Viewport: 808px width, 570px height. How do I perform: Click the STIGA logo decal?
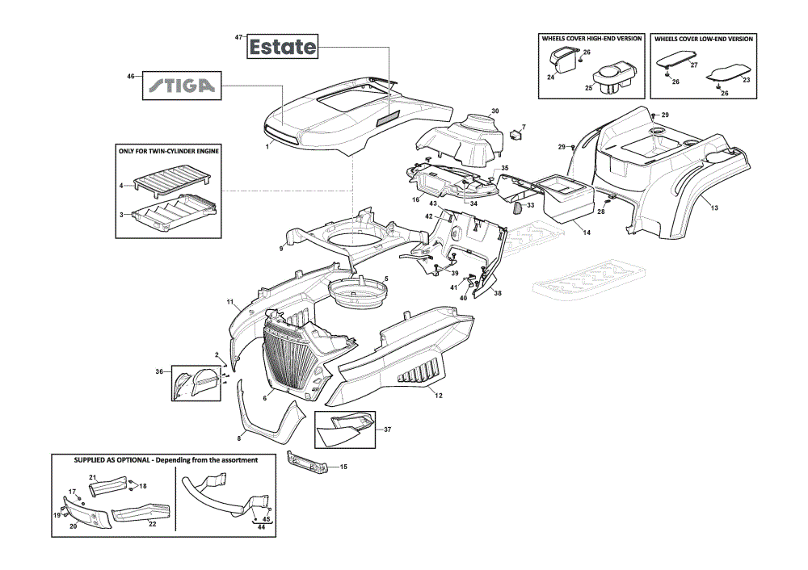point(182,86)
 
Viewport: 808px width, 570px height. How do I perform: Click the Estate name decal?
point(282,47)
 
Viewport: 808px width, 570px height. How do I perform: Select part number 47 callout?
point(238,38)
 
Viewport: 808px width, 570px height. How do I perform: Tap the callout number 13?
point(714,208)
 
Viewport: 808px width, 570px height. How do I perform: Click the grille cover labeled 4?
point(172,180)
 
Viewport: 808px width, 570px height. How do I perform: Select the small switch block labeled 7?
point(516,135)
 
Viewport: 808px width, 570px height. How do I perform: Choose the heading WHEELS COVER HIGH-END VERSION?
point(591,39)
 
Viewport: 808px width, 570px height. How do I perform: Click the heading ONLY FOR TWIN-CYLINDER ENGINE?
point(169,152)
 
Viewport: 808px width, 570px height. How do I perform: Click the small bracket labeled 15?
point(307,461)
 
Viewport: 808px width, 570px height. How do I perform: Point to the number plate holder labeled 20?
point(86,513)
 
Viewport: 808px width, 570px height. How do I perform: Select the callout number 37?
point(388,430)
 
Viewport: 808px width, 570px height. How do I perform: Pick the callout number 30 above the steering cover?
point(494,111)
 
